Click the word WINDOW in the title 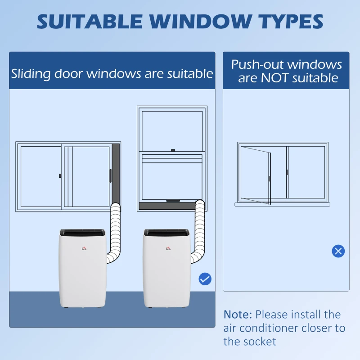pos(201,22)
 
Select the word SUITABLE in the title pos(90,22)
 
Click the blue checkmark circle pos(205,279)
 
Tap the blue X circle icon pos(338,251)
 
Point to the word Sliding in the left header pos(31,74)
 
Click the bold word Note pos(238,314)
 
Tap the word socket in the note pos(261,342)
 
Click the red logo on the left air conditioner pos(84,248)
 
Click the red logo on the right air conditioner pos(168,248)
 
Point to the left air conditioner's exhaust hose pos(115,232)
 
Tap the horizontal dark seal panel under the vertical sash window pos(167,206)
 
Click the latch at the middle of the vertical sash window pos(173,150)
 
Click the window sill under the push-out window pos(282,204)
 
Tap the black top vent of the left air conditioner pos(82,232)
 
